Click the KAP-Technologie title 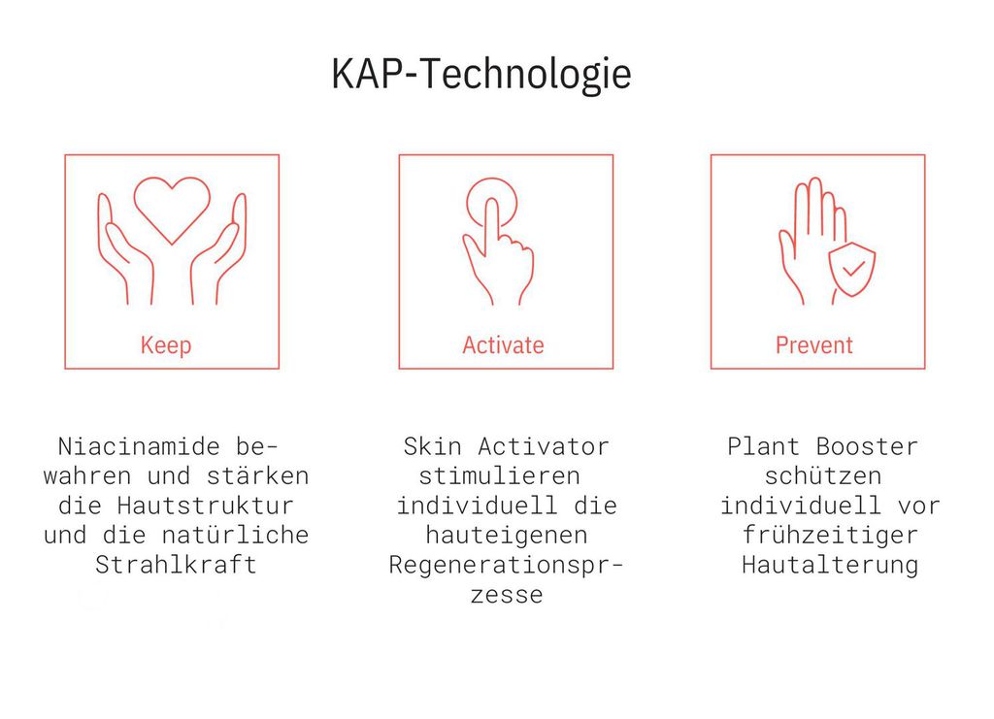481,75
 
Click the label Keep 166,345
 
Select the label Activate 504,345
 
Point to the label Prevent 814,345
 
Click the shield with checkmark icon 852,269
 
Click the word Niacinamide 139,446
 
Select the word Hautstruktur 206,507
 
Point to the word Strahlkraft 177,565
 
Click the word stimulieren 500,476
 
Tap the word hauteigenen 507,536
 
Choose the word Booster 867,446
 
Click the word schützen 823,476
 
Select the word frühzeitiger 831,536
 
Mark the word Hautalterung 831,565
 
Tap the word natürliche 235,536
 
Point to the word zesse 507,596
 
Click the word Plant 763,446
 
